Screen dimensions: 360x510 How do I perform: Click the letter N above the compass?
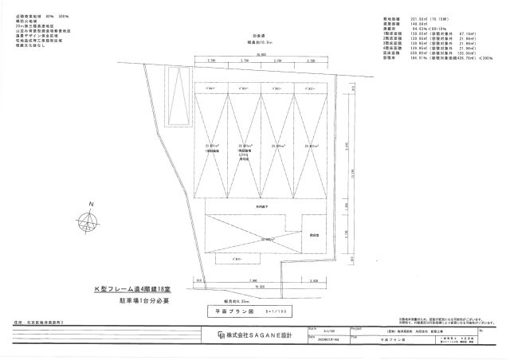92,204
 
